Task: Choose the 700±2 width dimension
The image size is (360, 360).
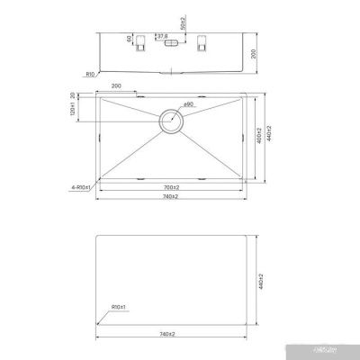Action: [x=171, y=188]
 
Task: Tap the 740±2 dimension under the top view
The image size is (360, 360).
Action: [x=171, y=199]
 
